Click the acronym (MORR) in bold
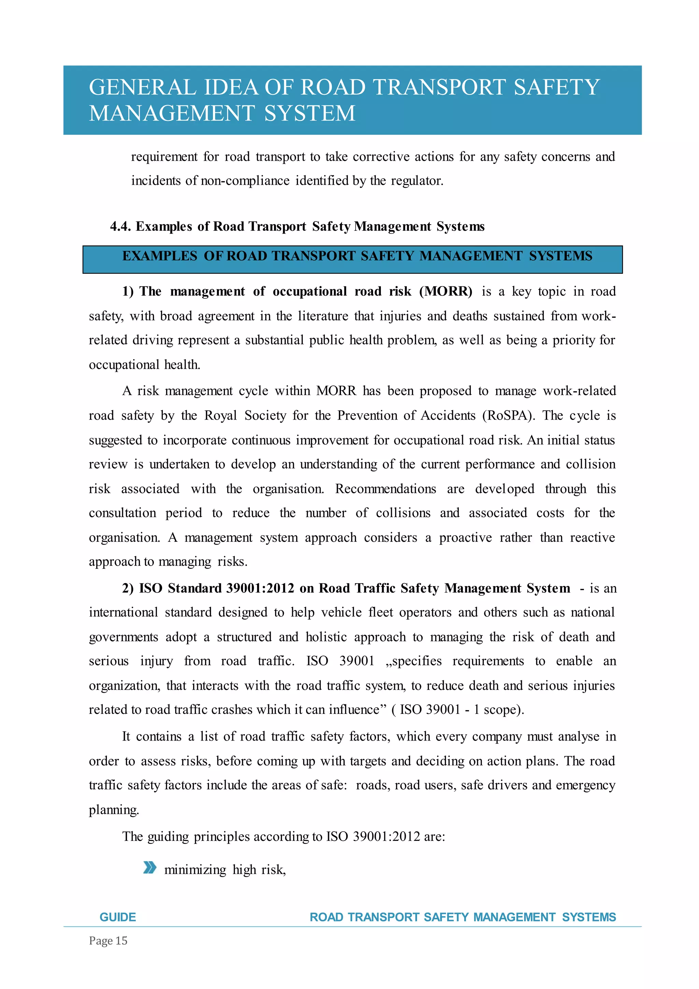click(x=446, y=292)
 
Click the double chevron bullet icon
click(x=149, y=867)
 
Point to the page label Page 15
click(x=108, y=941)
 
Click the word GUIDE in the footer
click(x=117, y=917)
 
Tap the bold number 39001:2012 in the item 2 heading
click(x=260, y=589)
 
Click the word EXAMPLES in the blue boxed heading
click(x=159, y=256)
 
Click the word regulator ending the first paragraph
click(x=417, y=181)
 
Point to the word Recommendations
click(x=385, y=489)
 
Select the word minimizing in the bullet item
click(x=195, y=870)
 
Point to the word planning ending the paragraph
click(x=114, y=810)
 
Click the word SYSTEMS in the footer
click(x=589, y=917)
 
